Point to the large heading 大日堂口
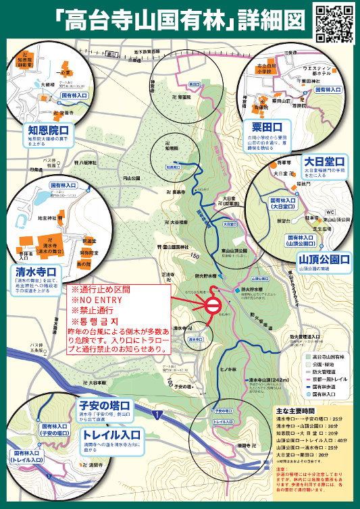(x=324, y=162)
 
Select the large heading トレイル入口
(x=108, y=433)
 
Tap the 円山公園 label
(x=132, y=178)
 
